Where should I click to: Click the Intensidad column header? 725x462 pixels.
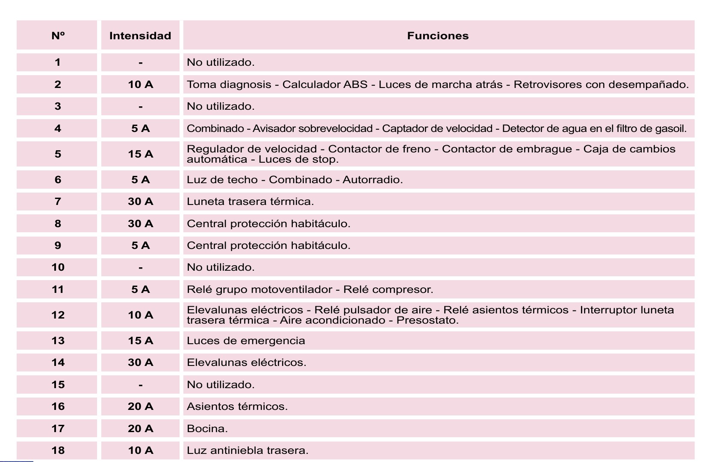pos(140,36)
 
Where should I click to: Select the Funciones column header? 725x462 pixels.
pos(438,36)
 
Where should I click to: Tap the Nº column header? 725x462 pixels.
pos(58,36)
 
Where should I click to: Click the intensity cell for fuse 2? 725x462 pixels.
pos(140,85)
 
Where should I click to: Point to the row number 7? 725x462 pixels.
pos(58,202)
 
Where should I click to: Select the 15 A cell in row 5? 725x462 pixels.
pos(140,154)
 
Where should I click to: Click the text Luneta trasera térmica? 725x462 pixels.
pos(250,202)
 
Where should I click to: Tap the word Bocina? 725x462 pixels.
pos(207,429)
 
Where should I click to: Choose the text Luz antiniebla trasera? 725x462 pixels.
pos(247,450)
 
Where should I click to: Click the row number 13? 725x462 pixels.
pos(58,341)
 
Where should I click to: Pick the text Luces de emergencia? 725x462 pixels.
pos(246,341)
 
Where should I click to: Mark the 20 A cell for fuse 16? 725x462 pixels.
pos(140,406)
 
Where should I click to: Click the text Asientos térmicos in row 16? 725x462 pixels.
pos(237,406)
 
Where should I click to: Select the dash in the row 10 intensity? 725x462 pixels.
pos(140,268)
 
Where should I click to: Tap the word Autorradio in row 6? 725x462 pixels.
pos(372,180)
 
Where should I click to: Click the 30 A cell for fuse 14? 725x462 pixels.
pos(140,363)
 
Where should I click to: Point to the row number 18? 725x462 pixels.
pos(58,450)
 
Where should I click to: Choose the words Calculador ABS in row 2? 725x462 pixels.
pos(325,85)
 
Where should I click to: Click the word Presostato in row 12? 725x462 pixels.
pos(427,320)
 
